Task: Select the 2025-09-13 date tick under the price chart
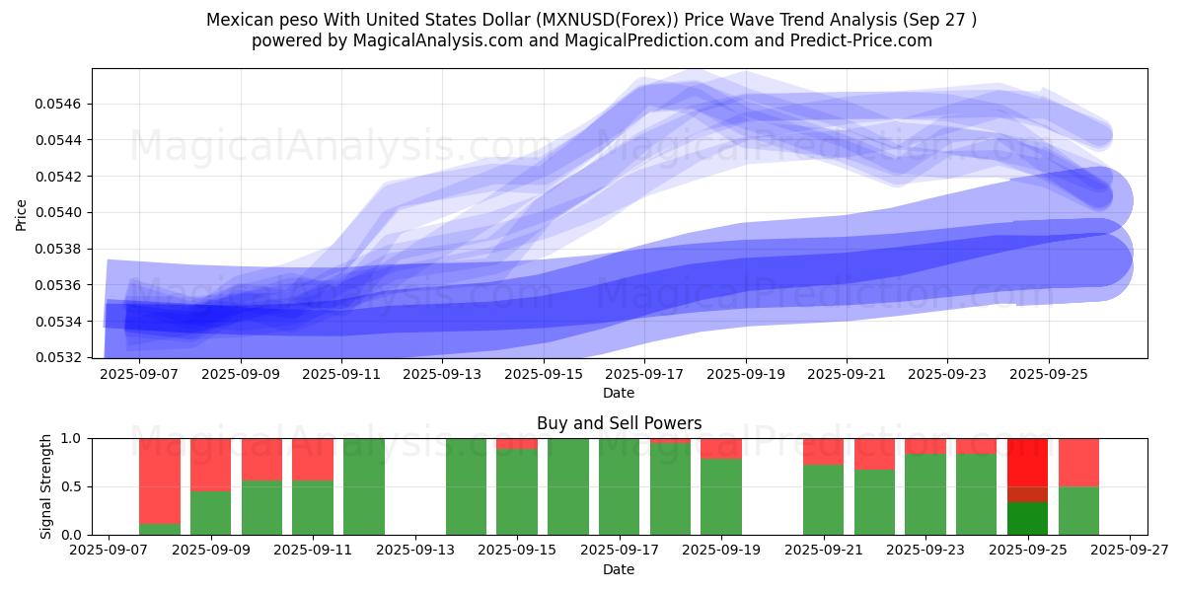[442, 374]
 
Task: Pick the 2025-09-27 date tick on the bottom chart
[1130, 552]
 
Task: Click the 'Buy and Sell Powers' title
[619, 423]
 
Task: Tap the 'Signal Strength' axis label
[46, 486]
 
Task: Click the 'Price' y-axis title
[22, 213]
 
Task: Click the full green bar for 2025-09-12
[363, 486]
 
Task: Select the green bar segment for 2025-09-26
[1078, 510]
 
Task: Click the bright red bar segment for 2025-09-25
[1027, 462]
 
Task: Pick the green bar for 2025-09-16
[567, 486]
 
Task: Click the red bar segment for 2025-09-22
[874, 454]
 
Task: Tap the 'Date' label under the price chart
[619, 393]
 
